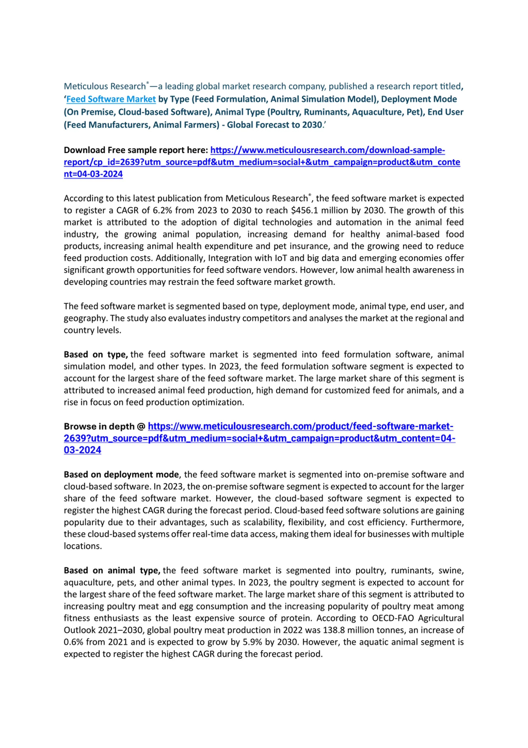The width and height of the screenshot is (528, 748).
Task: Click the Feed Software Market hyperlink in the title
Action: tap(111, 99)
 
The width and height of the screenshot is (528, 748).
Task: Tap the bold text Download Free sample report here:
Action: tap(136, 150)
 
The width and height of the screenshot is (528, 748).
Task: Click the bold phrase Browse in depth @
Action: tap(104, 426)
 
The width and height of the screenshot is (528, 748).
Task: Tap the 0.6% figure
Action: tap(73, 642)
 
